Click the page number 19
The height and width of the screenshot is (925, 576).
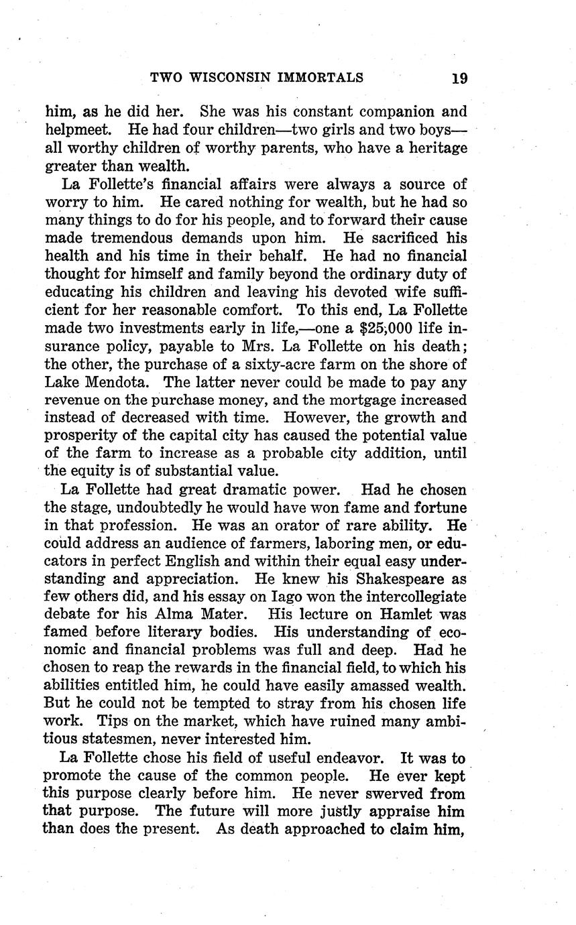pos(459,78)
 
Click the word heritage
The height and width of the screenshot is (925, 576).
pos(434,147)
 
